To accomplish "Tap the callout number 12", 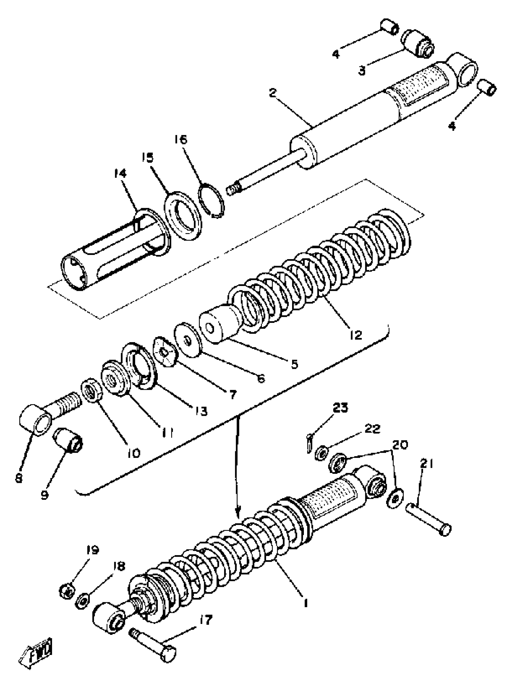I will (355, 334).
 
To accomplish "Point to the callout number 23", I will (340, 408).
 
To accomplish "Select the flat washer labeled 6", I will (188, 340).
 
